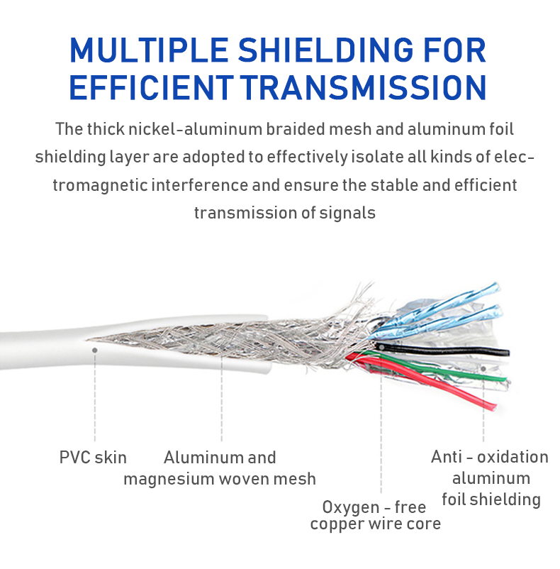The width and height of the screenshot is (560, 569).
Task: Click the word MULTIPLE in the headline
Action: tap(149, 50)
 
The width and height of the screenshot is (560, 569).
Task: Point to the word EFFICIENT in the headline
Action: tap(151, 87)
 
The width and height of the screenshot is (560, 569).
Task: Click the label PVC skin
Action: tap(93, 457)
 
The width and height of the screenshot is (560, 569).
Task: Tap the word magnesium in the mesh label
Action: tap(169, 480)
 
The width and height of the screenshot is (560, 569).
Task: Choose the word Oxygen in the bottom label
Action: tap(351, 507)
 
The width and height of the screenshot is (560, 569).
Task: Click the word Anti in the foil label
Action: tap(447, 456)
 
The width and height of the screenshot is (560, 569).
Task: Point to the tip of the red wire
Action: tap(493, 408)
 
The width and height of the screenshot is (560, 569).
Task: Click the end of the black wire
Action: tap(508, 353)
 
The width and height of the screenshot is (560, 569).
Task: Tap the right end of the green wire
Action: tap(505, 379)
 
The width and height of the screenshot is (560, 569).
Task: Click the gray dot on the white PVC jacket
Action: tap(94, 350)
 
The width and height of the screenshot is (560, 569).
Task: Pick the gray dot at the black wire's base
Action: tap(381, 348)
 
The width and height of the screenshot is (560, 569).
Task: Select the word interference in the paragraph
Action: tap(200, 185)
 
